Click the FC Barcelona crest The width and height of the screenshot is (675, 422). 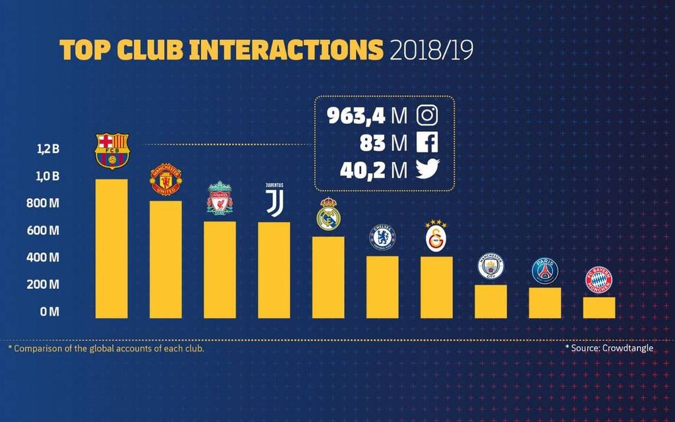(x=112, y=151)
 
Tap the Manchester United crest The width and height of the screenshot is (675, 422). (x=165, y=179)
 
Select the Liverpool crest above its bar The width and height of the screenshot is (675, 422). (x=220, y=198)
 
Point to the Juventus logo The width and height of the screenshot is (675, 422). (x=274, y=200)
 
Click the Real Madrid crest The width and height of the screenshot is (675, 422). (x=328, y=214)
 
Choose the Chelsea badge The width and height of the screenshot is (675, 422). (x=382, y=237)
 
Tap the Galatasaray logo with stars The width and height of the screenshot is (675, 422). (x=436, y=235)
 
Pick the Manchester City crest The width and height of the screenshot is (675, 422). (x=490, y=266)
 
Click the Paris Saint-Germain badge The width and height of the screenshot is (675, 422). (x=545, y=270)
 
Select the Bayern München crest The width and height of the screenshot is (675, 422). (x=599, y=280)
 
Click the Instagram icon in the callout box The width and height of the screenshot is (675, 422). (x=427, y=115)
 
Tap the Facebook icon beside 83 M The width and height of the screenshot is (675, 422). (x=427, y=142)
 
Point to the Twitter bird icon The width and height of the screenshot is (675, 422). (x=427, y=169)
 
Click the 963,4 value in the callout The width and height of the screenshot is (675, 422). (x=356, y=116)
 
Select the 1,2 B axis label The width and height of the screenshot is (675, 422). (x=47, y=149)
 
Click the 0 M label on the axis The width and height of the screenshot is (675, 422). (x=49, y=311)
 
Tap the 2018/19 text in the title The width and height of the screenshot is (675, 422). (x=431, y=51)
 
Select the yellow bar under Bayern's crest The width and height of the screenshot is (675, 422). (x=599, y=308)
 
